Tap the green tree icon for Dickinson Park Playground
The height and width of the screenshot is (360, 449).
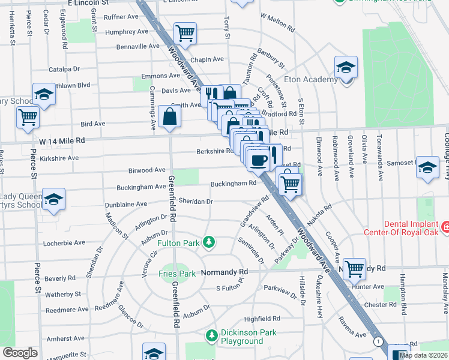point(211,334)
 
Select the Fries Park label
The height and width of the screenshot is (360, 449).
point(177,274)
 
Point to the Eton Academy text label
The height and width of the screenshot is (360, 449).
point(312,80)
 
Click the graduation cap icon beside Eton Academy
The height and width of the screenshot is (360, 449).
point(346,68)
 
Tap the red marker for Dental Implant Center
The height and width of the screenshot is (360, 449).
point(445,227)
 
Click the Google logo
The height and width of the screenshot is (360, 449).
point(20,353)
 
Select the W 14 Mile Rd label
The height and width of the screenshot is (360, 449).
point(62,140)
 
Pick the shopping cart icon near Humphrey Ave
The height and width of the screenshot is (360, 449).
point(185,34)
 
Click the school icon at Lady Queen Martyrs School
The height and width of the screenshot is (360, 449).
point(53,200)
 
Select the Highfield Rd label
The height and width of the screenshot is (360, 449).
point(262,319)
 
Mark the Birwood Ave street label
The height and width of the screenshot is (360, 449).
point(147,170)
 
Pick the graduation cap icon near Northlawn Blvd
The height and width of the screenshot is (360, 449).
point(43,94)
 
